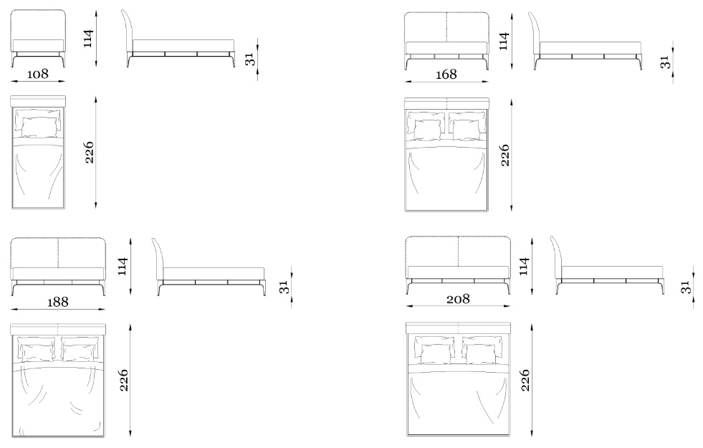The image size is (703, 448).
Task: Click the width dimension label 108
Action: click(38, 74)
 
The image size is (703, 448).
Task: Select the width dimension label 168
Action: click(446, 74)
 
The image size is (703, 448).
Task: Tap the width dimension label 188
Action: click(58, 302)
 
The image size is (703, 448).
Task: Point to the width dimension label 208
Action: click(458, 299)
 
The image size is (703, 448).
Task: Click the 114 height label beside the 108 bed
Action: click(88, 38)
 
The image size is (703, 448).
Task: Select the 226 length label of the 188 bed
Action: click(124, 381)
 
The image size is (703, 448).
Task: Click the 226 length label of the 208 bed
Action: click(525, 381)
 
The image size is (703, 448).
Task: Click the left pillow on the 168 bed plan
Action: click(426, 126)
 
